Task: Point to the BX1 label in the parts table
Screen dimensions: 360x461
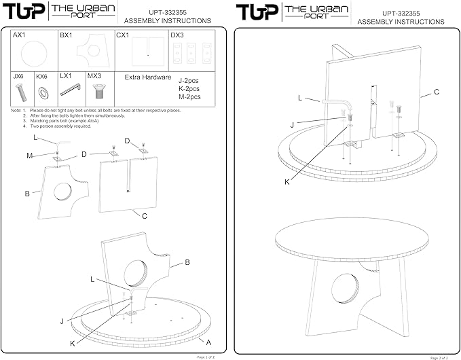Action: click(x=66, y=34)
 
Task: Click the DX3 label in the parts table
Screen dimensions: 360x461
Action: click(x=177, y=34)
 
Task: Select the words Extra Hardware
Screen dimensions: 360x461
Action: click(x=147, y=77)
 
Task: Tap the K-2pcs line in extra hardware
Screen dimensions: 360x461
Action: click(x=189, y=88)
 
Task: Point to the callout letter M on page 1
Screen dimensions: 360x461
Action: click(x=29, y=156)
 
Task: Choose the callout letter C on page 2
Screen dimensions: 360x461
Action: click(x=437, y=91)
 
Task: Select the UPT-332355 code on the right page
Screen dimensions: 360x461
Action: click(x=401, y=12)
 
